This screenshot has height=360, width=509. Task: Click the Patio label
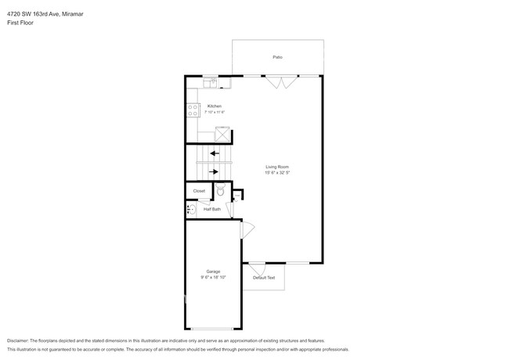277,57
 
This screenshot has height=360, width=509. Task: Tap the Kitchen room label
215,106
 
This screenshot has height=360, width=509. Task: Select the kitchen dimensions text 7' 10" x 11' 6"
215,113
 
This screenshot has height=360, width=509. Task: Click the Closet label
199,191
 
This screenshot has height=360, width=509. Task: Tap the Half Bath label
212,209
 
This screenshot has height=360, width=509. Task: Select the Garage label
213,271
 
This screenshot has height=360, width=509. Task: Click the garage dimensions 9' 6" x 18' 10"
213,277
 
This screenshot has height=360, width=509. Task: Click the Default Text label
264,278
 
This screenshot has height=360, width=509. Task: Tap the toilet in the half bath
220,190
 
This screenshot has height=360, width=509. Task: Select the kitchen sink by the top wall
211,81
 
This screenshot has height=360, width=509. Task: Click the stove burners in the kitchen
192,110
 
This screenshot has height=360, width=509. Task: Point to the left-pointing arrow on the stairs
214,154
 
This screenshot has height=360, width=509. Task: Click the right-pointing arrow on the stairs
214,171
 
